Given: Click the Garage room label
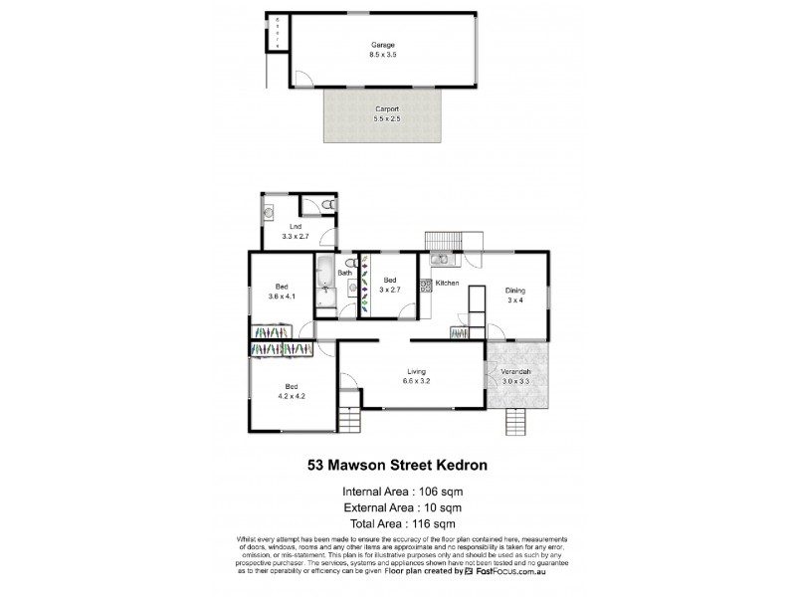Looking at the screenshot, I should pyautogui.click(x=383, y=45).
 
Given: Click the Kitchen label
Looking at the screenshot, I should pyautogui.click(x=447, y=284).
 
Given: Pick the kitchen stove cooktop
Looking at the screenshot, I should pyautogui.click(x=426, y=285).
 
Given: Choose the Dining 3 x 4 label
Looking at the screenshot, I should pyautogui.click(x=514, y=296).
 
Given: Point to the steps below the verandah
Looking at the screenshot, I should pyautogui.click(x=514, y=421).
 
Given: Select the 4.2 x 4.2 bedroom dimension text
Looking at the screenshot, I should pyautogui.click(x=293, y=394).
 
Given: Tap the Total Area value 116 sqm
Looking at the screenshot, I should pyautogui.click(x=433, y=520).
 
